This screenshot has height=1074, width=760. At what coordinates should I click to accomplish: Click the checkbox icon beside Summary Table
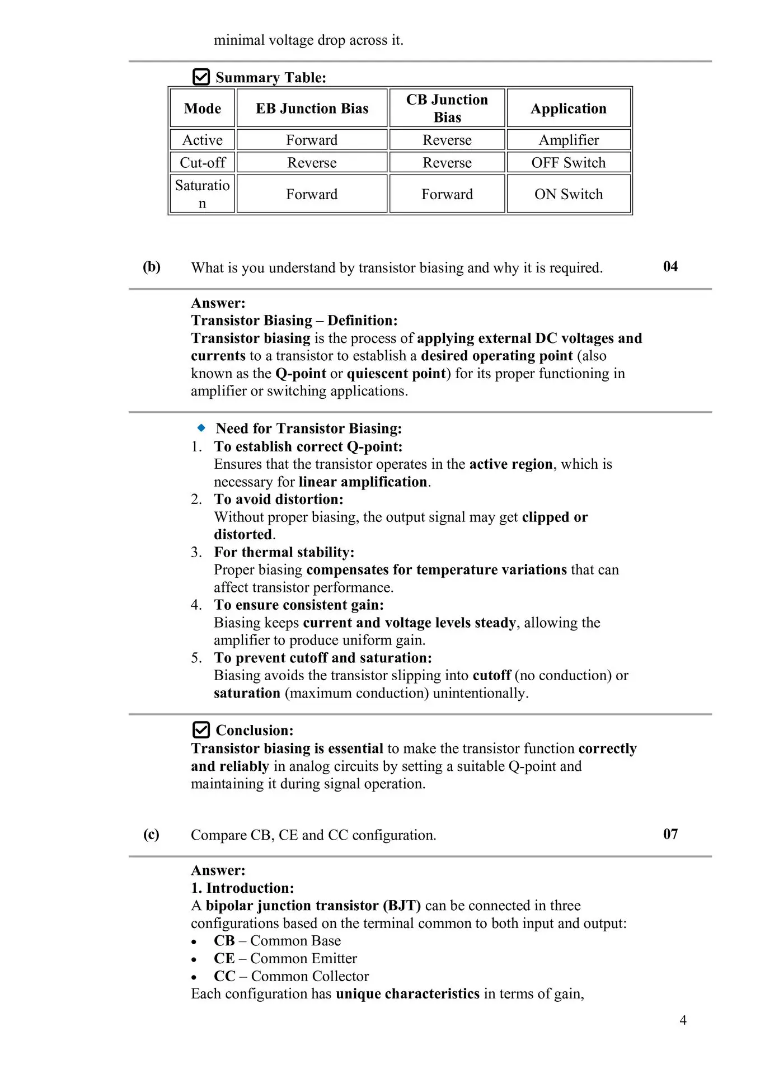point(201,77)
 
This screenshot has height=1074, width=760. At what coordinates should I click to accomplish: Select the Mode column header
point(203,109)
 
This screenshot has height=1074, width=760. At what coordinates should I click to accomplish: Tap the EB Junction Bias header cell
point(312,109)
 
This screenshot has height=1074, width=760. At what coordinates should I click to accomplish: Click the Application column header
point(569,109)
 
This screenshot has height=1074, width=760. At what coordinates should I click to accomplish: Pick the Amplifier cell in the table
point(569,140)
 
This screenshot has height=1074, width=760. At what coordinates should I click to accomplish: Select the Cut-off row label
point(203,163)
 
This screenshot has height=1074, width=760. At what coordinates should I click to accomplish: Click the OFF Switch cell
point(569,163)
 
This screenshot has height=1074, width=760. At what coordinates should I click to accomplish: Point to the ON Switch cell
point(569,194)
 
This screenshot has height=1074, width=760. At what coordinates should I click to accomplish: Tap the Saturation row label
point(203,194)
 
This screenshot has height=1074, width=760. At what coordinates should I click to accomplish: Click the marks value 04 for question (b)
point(670,267)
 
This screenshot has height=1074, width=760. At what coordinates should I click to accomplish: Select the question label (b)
point(152,267)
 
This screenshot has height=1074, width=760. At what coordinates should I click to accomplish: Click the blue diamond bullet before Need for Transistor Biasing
point(201,428)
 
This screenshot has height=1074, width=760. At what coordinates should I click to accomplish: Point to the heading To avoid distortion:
point(279,499)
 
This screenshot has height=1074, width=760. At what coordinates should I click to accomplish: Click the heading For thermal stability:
point(284,552)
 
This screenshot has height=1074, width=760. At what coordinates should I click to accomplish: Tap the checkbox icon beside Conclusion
point(201,730)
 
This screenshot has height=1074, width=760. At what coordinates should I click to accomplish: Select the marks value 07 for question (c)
point(670,834)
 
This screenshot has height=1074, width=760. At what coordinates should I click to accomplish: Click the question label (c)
point(151,835)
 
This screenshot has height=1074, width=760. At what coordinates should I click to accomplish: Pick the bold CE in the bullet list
point(224,958)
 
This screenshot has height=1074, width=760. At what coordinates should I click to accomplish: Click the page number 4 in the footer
point(683,1020)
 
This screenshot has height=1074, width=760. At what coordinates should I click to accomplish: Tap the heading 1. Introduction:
point(242,888)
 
